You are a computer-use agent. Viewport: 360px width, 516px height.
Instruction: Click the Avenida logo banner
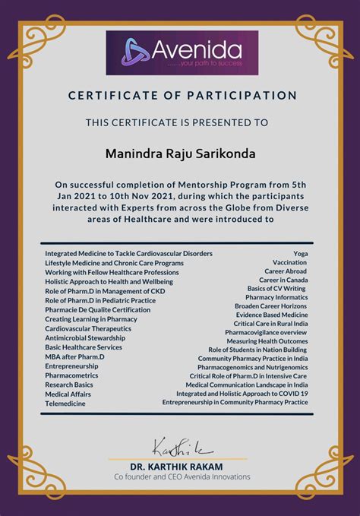[x=180, y=52]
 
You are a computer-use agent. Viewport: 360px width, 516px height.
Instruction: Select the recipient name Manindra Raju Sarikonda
[x=180, y=154]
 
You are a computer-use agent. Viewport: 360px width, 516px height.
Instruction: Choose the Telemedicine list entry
[x=65, y=404]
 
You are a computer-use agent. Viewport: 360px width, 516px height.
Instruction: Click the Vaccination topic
[x=289, y=261]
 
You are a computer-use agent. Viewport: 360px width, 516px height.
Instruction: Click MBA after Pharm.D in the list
[x=74, y=356]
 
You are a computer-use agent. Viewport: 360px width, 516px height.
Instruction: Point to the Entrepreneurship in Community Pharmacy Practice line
[x=235, y=402]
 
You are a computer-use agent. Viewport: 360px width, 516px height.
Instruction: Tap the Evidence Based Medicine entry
[x=271, y=315]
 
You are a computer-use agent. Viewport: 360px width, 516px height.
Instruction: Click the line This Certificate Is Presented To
[x=177, y=121]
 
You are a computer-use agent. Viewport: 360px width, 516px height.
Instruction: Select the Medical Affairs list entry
[x=68, y=394]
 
